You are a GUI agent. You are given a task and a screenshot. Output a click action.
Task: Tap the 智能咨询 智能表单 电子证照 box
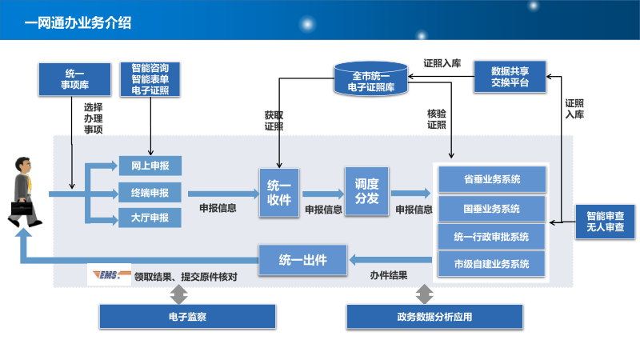[x=150, y=78]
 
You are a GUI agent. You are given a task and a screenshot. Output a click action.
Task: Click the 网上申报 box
[x=150, y=166]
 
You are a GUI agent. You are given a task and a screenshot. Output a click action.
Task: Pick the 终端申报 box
[x=150, y=192]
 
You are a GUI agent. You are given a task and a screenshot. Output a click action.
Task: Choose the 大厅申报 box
[x=150, y=218]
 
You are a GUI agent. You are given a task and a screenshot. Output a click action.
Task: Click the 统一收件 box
[x=279, y=192]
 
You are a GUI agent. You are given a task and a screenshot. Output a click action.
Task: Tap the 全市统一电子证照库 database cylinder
[x=370, y=81]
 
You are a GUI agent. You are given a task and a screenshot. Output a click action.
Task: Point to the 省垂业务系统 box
[x=491, y=178]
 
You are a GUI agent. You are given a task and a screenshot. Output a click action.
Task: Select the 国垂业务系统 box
[x=491, y=208]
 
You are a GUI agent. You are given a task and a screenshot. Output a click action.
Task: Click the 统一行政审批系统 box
[x=491, y=236]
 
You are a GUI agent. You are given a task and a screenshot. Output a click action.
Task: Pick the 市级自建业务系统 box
[x=491, y=263]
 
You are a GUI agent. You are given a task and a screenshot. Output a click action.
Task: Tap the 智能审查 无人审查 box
[x=606, y=222]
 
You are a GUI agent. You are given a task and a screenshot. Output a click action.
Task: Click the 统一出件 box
[x=302, y=258]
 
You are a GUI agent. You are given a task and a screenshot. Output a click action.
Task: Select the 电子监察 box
[x=186, y=317]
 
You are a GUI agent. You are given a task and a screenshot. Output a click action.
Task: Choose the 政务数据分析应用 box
[x=434, y=317]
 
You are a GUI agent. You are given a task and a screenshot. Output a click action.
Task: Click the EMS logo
[x=109, y=275]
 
